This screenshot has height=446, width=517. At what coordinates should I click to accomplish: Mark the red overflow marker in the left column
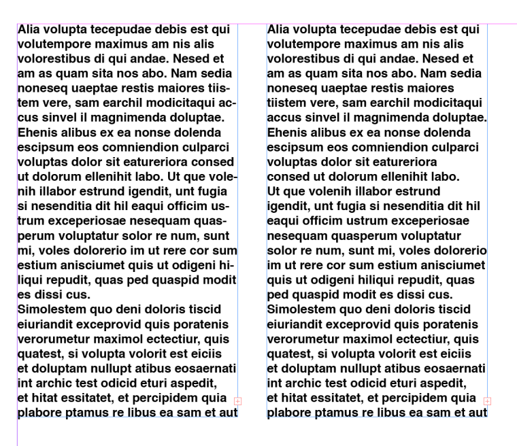pyautogui.click(x=237, y=401)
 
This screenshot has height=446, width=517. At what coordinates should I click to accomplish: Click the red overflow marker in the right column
pyautogui.click(x=486, y=401)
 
